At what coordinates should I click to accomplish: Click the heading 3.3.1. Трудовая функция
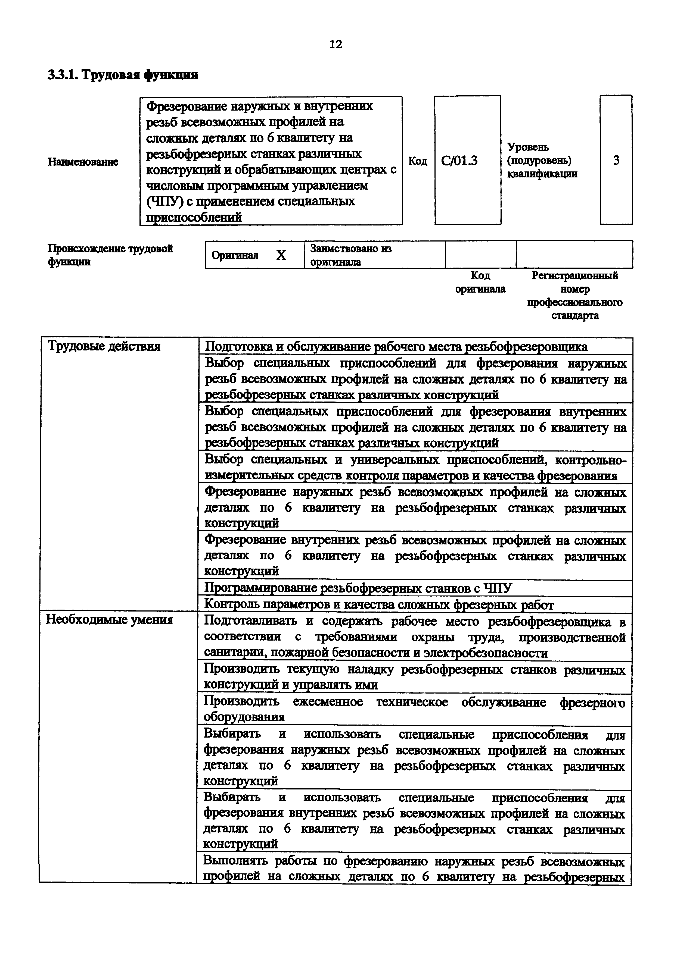tap(123, 75)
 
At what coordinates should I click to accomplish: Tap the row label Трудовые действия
tap(104, 346)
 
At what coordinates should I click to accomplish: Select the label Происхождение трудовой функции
tap(110, 255)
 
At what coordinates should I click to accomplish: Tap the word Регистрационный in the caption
tap(575, 276)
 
